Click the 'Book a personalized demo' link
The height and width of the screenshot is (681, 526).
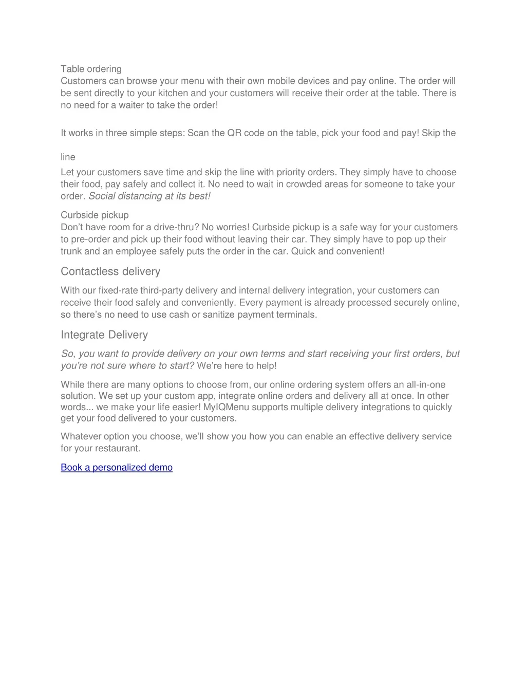click(117, 467)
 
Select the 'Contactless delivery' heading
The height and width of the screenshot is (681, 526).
click(110, 271)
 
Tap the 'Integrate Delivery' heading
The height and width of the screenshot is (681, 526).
click(104, 335)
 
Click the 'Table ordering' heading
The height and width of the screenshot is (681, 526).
click(91, 69)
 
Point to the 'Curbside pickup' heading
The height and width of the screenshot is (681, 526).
click(95, 215)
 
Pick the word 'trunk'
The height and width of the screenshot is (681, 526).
click(71, 251)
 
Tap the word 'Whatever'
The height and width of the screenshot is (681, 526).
click(81, 436)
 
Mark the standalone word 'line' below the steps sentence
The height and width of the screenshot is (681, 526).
click(68, 157)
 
